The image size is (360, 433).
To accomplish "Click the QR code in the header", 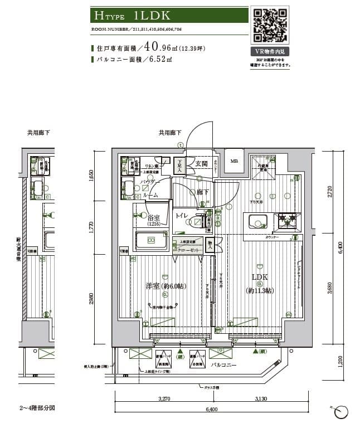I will click(x=271, y=26).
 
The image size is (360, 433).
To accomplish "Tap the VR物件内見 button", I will click(x=271, y=51).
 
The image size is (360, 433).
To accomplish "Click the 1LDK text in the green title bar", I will click(x=148, y=16).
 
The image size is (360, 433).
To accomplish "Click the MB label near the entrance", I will click(x=234, y=161).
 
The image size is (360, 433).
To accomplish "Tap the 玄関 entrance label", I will click(x=202, y=163).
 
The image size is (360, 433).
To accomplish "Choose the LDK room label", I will click(x=260, y=277).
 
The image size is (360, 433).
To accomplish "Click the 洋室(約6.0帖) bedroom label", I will click(x=166, y=286).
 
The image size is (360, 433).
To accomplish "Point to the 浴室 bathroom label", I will click(x=154, y=218).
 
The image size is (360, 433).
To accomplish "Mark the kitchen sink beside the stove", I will click(x=259, y=222).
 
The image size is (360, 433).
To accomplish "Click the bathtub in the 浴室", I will click(x=151, y=240).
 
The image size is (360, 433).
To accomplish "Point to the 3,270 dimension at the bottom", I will click(x=164, y=399).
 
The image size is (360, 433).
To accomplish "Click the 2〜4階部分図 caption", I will click(x=38, y=408).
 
